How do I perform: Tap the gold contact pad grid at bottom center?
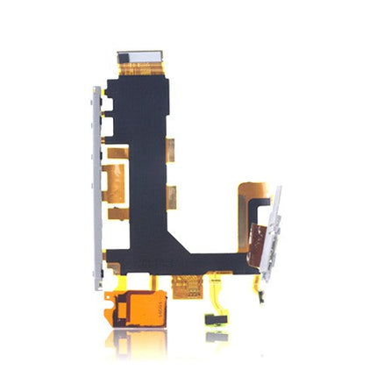click(x=185, y=285)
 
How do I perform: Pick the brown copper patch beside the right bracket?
click(x=257, y=234)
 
